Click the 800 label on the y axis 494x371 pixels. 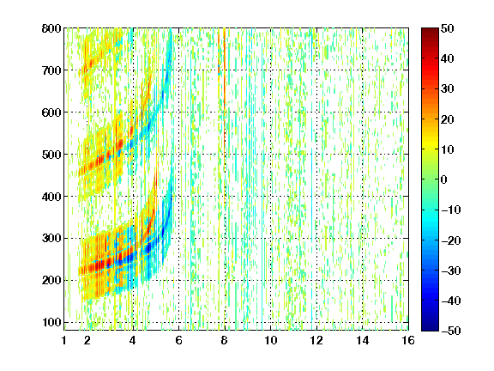coord(51,28)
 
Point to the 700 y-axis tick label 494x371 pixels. coord(51,70)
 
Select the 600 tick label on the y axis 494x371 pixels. coord(51,113)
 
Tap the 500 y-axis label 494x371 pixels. coord(51,155)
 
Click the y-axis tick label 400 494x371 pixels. coord(51,197)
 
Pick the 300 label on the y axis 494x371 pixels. coord(51,239)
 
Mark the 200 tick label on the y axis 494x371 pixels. coord(51,281)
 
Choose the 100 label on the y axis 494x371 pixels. coord(51,322)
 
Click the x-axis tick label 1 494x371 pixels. coord(64,340)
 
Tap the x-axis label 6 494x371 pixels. coord(178,340)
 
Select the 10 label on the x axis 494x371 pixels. coord(271,340)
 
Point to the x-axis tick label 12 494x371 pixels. coord(316,340)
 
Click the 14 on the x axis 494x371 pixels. coord(362,340)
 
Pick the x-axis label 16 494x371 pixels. coord(408,340)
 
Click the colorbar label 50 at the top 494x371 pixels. coord(447,28)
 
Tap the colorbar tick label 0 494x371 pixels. coord(444,179)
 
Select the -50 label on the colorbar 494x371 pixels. coord(451,331)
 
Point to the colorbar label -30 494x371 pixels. coord(451,271)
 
